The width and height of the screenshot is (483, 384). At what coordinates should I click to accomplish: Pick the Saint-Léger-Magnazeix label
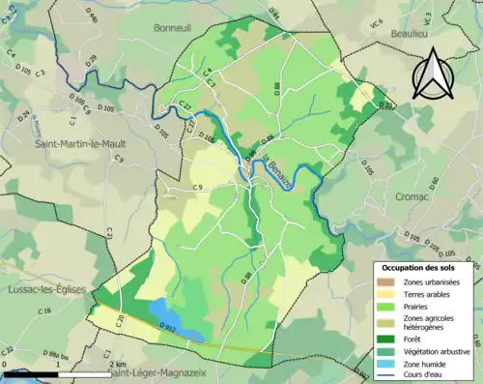click(159, 373)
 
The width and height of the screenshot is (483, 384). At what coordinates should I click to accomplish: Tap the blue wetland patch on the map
click(187, 333)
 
